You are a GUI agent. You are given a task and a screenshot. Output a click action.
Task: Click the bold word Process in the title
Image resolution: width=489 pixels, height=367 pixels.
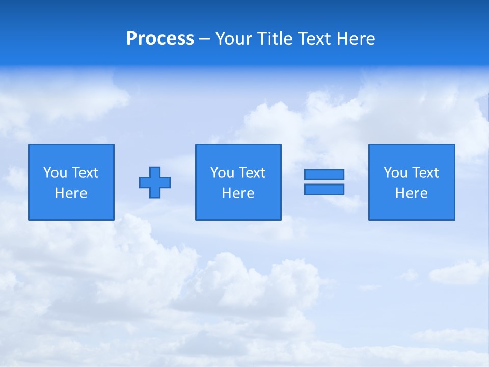(160, 39)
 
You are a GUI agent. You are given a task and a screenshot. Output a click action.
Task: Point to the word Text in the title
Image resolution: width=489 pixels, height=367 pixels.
(315, 39)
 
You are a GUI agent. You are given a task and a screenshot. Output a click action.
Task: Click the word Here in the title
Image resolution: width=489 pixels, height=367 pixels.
(356, 39)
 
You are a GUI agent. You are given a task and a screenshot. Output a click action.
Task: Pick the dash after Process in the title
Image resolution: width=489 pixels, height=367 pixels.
(204, 40)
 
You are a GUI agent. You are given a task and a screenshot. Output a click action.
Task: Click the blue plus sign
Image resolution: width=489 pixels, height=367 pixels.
(155, 182)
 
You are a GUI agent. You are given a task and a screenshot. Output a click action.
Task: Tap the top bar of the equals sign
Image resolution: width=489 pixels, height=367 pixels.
(324, 174)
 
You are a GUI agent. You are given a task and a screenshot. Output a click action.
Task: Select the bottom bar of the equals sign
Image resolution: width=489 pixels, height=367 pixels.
(324, 190)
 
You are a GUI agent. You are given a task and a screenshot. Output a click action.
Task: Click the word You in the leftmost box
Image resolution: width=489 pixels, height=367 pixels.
(55, 173)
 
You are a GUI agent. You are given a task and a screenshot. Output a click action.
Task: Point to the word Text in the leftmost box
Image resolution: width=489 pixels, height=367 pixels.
(85, 173)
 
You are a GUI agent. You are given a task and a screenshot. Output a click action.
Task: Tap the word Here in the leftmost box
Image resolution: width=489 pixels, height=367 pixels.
(71, 193)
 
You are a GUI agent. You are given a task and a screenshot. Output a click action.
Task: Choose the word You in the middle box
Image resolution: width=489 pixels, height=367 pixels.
(222, 173)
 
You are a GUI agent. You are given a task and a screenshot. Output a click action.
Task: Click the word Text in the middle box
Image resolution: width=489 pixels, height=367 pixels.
(252, 173)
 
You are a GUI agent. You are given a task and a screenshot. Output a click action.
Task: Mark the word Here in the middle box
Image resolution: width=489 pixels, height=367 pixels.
(238, 193)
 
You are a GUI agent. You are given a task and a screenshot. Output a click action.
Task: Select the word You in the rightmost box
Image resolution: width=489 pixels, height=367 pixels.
(395, 173)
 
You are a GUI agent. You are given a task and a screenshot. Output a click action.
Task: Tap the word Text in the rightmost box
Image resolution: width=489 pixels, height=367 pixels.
(425, 173)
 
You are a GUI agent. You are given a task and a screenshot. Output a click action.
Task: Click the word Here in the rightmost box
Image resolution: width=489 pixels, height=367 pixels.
(411, 193)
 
